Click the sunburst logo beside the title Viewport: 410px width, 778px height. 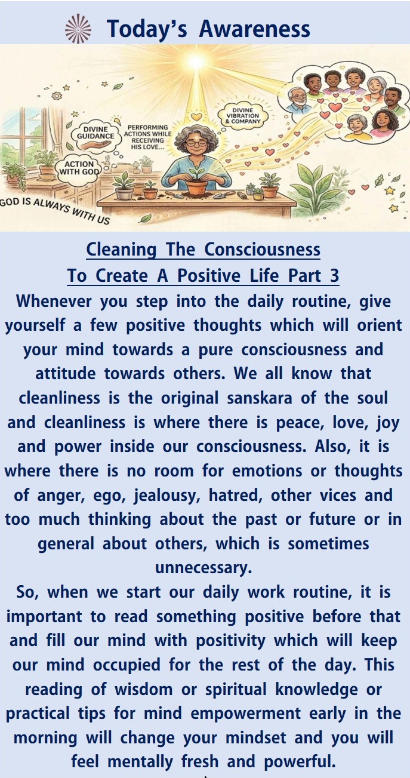coord(78,29)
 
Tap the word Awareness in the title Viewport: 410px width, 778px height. coord(254,29)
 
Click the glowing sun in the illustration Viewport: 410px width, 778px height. coord(196,62)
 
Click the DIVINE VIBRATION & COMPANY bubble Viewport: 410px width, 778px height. coord(243,116)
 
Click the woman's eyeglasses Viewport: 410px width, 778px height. coord(197,143)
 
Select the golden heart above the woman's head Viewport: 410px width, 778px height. coord(196,116)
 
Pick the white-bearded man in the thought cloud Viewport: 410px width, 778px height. coord(298,100)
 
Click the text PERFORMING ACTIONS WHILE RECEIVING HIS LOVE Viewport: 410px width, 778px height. coord(147,137)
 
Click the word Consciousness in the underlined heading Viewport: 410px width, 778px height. coord(262,250)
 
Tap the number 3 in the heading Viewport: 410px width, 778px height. coord(334,276)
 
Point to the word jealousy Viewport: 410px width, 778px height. coord(167,496)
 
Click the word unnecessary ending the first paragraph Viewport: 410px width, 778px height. coord(204,568)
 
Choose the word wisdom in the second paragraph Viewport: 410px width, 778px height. coord(143,690)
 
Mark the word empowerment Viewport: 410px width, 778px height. coord(245,714)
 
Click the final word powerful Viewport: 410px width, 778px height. coord(300,762)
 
